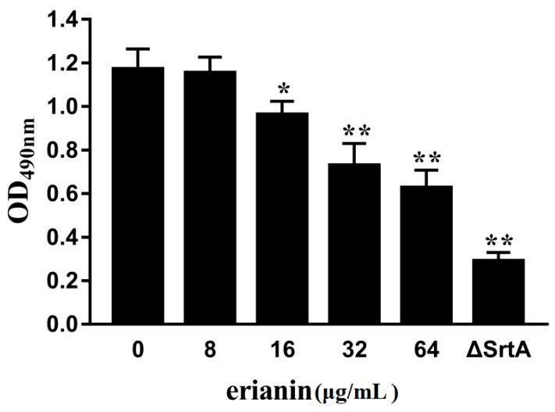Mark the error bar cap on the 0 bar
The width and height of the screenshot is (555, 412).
coord(137,48)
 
